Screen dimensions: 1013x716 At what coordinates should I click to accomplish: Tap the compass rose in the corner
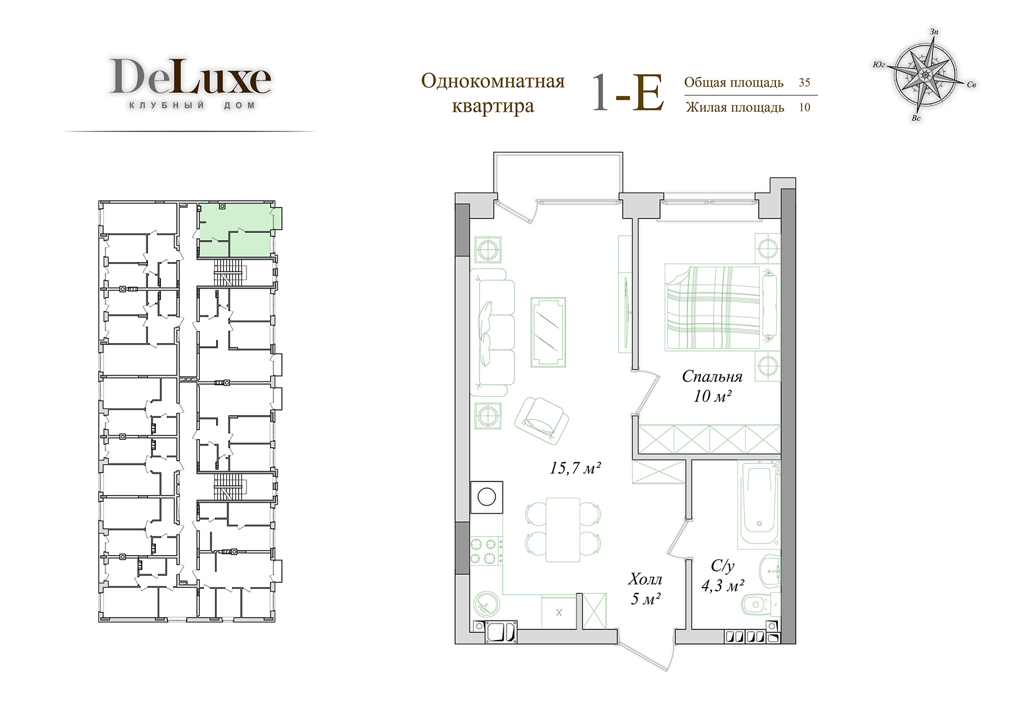coord(925,74)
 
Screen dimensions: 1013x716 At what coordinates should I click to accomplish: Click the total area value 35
coord(804,82)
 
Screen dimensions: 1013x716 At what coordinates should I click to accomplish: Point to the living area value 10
coord(804,107)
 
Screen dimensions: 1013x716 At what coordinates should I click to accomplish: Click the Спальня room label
coord(712,376)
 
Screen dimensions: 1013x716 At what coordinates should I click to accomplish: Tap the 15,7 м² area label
coord(576,467)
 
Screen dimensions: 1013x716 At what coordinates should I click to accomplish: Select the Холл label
coord(646,579)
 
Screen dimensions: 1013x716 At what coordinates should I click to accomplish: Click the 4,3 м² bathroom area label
coord(723,586)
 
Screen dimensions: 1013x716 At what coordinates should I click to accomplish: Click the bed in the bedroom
coord(721,308)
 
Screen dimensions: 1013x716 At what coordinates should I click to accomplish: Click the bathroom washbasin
coord(769,569)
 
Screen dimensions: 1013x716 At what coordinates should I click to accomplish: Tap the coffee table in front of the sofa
coord(548,332)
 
